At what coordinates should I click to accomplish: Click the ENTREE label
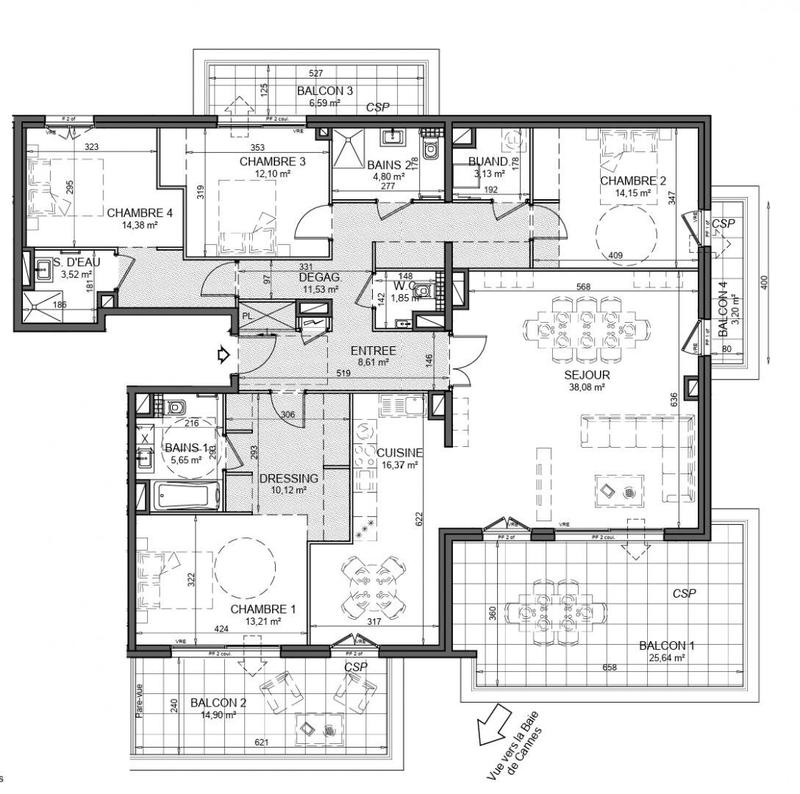pyautogui.click(x=372, y=352)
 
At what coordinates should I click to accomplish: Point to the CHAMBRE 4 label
pyautogui.click(x=139, y=212)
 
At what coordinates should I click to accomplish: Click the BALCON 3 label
pyautogui.click(x=325, y=91)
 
